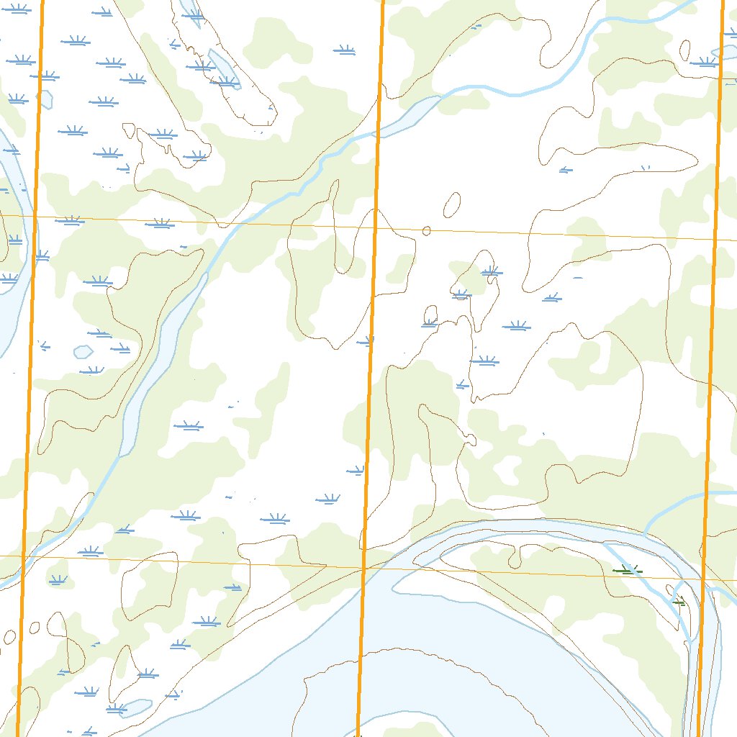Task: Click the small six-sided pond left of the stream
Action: (x=83, y=352)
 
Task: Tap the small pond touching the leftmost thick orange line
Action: (x=45, y=99)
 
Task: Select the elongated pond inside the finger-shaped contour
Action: (x=223, y=71)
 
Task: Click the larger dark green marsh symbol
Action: (x=628, y=571)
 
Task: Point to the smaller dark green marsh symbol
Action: (x=678, y=601)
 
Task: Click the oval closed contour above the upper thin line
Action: (x=452, y=205)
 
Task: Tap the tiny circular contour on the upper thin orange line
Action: (x=426, y=231)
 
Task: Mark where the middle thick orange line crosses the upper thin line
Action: (x=375, y=227)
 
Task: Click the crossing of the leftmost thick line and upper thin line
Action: (x=35, y=216)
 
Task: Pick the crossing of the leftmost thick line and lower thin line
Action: (x=23, y=556)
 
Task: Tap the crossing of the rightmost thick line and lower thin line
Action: (x=703, y=579)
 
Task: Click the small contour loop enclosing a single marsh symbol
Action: (x=430, y=316)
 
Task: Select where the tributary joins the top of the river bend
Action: (x=646, y=533)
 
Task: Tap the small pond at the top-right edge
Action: (x=723, y=53)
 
